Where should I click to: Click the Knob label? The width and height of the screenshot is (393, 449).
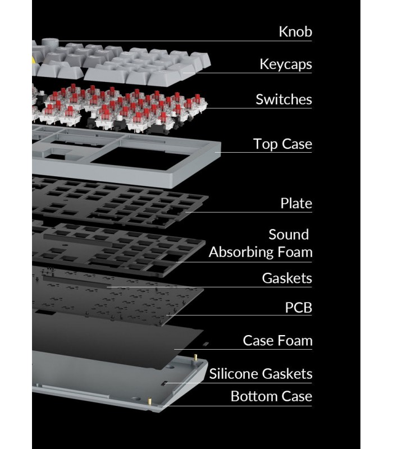coord(295,31)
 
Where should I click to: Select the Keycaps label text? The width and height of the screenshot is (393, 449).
coord(286,65)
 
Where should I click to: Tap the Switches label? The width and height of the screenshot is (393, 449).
coord(284,99)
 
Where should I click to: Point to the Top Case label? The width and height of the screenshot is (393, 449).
coord(282,144)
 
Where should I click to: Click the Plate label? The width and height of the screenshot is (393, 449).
coord(296,203)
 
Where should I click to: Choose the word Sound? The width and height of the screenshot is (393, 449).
coord(289,235)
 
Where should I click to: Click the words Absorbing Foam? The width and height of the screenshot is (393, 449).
coord(261,252)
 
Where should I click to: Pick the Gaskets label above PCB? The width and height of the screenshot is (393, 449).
coord(287,278)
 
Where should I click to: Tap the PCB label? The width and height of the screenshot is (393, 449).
coord(298,308)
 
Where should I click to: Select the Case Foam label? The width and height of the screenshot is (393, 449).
coord(277,341)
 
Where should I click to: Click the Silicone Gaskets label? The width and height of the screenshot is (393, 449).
coord(261,374)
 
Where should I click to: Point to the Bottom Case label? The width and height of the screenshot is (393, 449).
coord(271,396)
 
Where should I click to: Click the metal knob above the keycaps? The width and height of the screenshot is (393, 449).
coord(50,44)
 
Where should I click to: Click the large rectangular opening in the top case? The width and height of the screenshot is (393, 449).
coord(140,158)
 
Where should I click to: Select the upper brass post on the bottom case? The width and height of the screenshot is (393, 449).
coord(195,358)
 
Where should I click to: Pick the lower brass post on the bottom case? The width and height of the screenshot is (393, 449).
coord(149,400)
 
